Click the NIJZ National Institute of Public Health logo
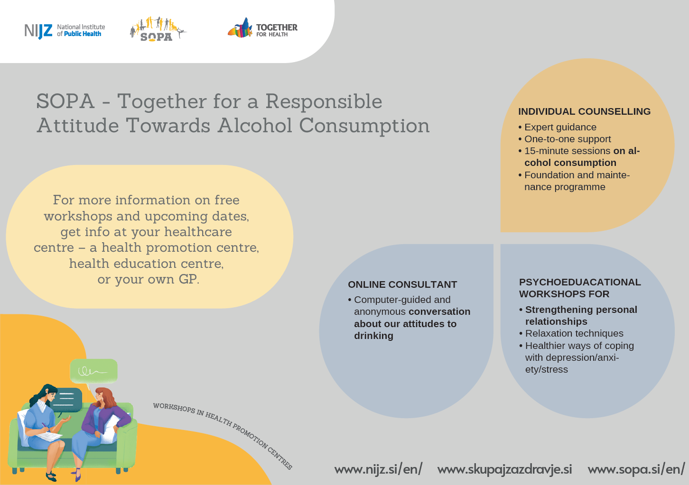point(65,31)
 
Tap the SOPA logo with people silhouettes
point(158,29)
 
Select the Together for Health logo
point(262,27)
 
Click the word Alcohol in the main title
point(255,126)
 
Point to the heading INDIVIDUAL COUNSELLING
point(584,111)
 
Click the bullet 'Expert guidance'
point(558,127)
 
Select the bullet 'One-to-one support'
point(564,139)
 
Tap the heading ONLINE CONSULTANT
point(402,284)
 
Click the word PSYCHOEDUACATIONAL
point(580,282)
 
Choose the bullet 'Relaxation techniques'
point(571,333)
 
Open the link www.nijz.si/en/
point(378,469)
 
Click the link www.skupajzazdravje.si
point(504,469)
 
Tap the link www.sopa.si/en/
point(636,469)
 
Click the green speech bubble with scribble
point(93,371)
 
